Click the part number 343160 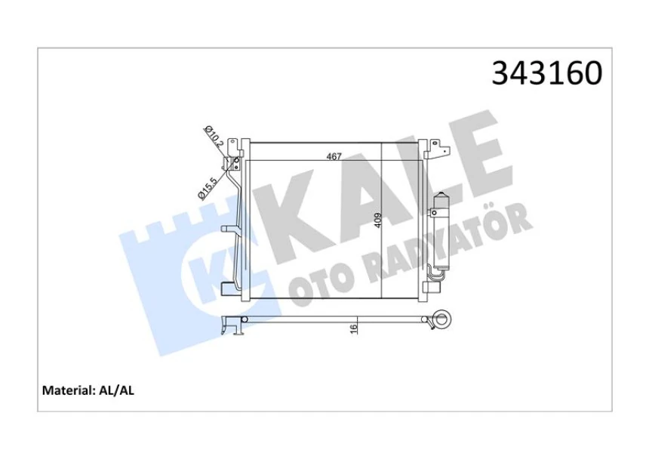point(546,73)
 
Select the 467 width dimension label point(334,156)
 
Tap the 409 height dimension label point(378,220)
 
